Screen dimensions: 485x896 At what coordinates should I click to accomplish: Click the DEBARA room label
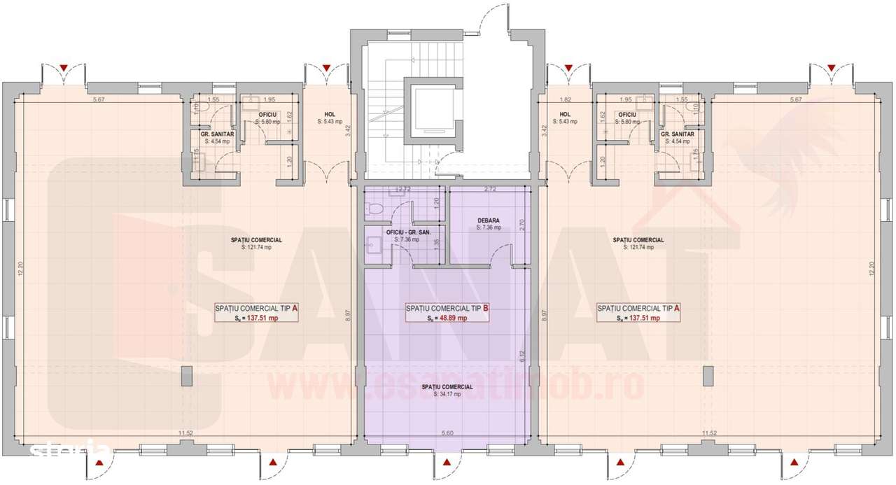(489, 220)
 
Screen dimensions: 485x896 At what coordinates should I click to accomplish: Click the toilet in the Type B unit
(374, 208)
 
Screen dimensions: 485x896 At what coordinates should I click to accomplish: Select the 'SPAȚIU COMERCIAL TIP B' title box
(447, 312)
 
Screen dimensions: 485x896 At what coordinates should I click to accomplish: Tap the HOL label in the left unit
(330, 114)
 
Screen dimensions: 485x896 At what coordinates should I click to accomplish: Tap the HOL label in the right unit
(566, 114)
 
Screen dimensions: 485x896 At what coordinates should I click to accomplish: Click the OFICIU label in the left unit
(267, 114)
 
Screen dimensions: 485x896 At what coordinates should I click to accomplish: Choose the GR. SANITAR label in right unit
(678, 134)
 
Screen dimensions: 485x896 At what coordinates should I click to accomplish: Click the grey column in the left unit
(186, 376)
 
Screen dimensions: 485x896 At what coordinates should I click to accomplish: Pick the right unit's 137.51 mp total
(643, 318)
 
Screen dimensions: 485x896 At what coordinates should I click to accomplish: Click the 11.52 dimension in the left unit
(185, 433)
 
